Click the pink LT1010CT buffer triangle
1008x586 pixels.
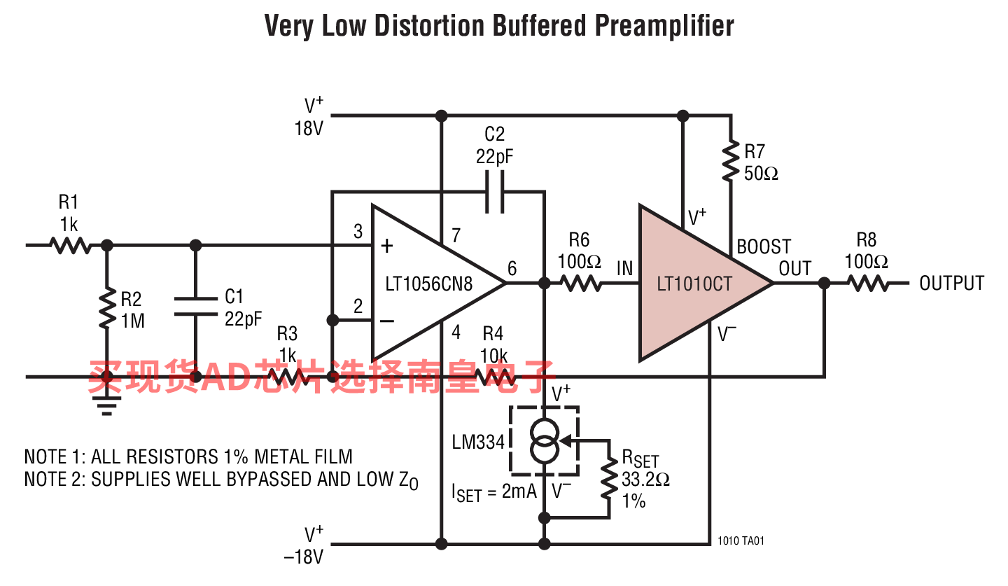click(693, 284)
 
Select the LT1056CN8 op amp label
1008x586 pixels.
click(429, 284)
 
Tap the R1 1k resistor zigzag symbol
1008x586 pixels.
click(70, 245)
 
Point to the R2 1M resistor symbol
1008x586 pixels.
click(107, 308)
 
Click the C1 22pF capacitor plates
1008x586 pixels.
click(196, 306)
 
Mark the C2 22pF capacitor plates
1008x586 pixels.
click(494, 192)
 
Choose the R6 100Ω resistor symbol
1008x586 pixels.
click(581, 284)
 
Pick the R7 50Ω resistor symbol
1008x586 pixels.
click(731, 161)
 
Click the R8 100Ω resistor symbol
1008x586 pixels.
click(868, 284)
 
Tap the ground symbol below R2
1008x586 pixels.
click(106, 405)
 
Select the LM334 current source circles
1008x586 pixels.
click(545, 441)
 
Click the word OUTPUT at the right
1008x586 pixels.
click(952, 284)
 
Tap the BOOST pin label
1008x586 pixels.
click(764, 246)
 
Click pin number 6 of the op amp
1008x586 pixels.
click(512, 269)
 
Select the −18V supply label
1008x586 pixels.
click(303, 557)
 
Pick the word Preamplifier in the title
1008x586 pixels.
click(665, 26)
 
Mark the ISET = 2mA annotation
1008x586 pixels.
click(494, 492)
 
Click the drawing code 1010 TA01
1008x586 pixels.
click(741, 540)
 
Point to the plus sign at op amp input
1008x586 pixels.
click(386, 246)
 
